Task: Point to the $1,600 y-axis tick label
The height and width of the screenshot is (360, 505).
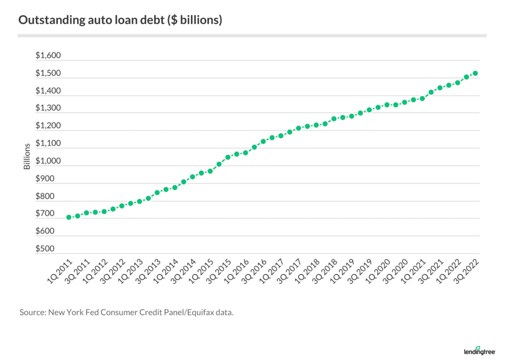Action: coord(48,56)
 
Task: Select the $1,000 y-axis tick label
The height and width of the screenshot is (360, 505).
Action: coord(48,161)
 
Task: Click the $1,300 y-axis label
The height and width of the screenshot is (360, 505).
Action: coord(48,108)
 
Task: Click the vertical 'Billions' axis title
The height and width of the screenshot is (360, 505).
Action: coord(28,156)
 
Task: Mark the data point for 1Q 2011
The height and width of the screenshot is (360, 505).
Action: coord(69,217)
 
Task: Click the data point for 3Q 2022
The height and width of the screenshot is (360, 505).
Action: coord(475,73)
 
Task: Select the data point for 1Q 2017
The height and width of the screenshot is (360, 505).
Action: coord(281,136)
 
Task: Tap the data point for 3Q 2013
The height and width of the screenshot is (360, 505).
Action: coord(157,192)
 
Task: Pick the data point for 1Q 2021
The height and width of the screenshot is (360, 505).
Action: coord(422,98)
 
